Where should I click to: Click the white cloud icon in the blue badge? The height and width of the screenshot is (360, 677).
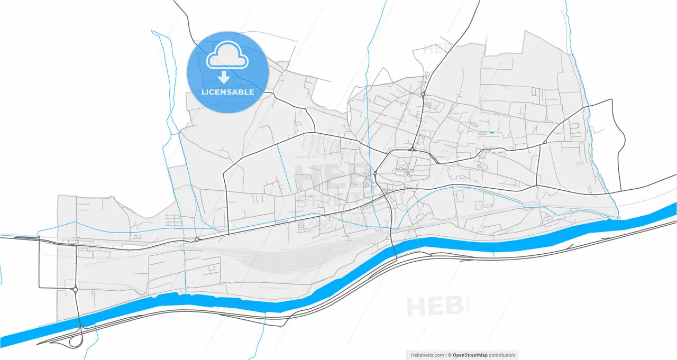coord(227,56)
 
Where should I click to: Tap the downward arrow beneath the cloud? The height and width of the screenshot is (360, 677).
coord(224,78)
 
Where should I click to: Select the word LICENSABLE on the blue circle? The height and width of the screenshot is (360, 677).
coord(227,92)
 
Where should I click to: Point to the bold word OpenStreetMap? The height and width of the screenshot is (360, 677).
coord(470,355)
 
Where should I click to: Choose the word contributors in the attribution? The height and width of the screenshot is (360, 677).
coord(502,355)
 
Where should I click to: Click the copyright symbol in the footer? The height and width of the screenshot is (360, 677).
coord(450,355)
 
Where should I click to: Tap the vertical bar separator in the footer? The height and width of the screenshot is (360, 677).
coord(447,355)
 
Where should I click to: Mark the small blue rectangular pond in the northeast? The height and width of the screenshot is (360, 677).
coord(492,132)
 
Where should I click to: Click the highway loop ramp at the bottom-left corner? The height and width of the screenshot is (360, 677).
coord(76,341)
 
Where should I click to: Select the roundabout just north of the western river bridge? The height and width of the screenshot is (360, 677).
coord(76,290)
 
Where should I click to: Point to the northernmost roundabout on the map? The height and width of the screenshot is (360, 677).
coord(423,94)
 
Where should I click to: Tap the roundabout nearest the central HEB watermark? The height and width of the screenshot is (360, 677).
coord(374,173)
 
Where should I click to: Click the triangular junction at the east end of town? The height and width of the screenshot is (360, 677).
coord(545,142)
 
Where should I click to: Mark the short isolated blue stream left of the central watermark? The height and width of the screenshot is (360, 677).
coord(284,168)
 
